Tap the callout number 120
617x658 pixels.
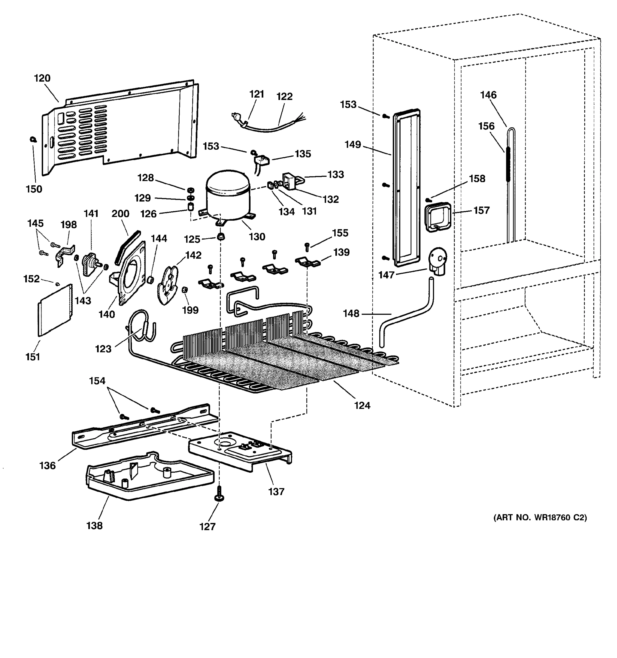[x=43, y=78]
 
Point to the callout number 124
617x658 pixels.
[x=362, y=405]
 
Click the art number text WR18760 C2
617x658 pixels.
[x=540, y=517]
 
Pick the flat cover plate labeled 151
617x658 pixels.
[x=55, y=310]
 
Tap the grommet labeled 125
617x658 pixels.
[x=221, y=237]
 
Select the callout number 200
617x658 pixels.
[x=120, y=214]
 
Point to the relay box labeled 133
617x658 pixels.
[x=290, y=181]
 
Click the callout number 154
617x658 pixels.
[x=97, y=381]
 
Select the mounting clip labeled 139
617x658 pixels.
[x=307, y=262]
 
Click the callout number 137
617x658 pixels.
[x=276, y=492]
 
